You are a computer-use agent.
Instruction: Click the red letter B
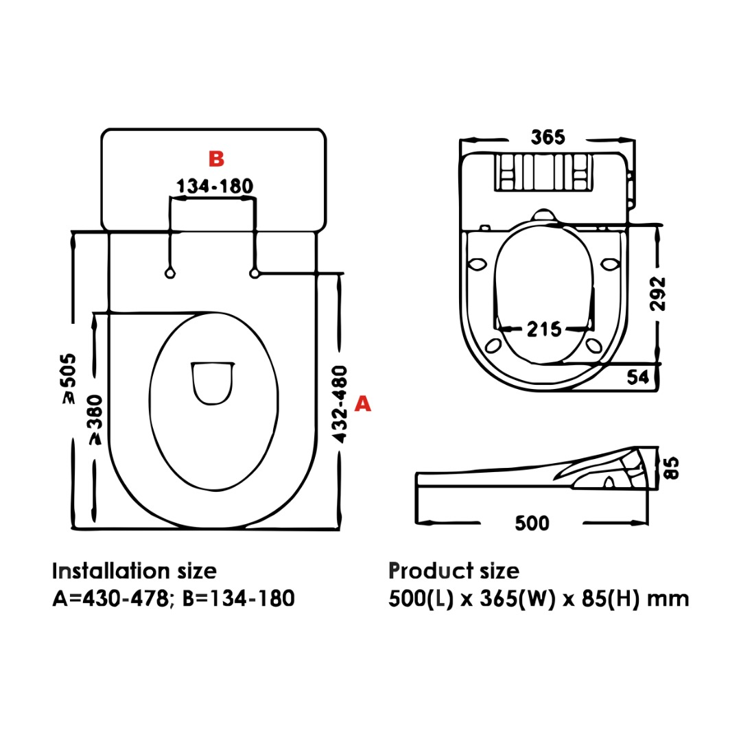pos(216,158)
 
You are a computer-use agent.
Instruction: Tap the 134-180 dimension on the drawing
pos(215,186)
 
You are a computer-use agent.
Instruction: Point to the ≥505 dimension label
pos(69,379)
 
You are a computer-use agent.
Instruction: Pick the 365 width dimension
pos(548,137)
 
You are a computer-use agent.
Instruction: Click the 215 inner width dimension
pos(544,329)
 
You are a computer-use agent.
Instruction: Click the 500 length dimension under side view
pos(532,523)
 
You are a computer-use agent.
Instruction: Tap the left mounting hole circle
pos(169,273)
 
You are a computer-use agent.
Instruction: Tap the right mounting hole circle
pos(255,273)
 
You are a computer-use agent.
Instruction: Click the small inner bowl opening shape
pos(212,381)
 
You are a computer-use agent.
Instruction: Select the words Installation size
pos(134,571)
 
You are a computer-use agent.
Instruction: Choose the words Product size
pos(454,571)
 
